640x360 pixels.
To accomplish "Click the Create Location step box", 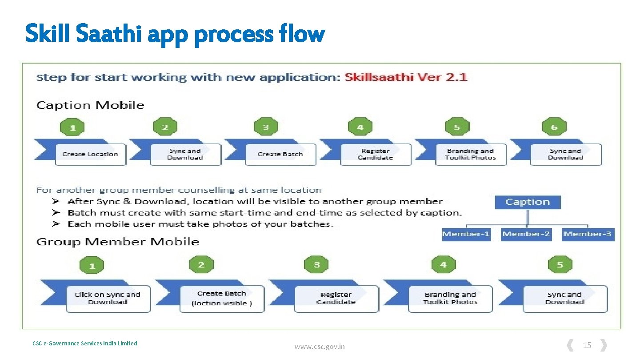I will pyautogui.click(x=90, y=154).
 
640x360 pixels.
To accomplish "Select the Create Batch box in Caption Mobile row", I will pyautogui.click(x=280, y=154).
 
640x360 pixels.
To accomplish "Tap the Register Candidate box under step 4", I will pyautogui.click(x=375, y=154).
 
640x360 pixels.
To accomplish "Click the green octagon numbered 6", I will pyautogui.click(x=554, y=128).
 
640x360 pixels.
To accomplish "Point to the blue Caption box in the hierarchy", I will pyautogui.click(x=528, y=202).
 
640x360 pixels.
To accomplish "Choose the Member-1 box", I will pyautogui.click(x=466, y=234).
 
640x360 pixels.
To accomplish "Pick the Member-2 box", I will pyautogui.click(x=526, y=234).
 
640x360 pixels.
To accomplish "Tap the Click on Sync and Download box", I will pyautogui.click(x=108, y=298).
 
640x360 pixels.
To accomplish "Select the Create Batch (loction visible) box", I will pyautogui.click(x=222, y=298).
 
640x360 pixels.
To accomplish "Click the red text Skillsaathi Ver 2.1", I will pyautogui.click(x=406, y=77).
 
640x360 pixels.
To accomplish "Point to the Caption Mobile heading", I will pyautogui.click(x=90, y=105).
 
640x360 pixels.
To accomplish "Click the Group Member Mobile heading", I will pyautogui.click(x=118, y=242).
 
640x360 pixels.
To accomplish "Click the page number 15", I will pyautogui.click(x=587, y=345).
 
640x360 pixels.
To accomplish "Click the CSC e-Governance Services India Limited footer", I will pyautogui.click(x=85, y=343).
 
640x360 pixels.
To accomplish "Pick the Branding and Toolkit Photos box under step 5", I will pyautogui.click(x=470, y=154).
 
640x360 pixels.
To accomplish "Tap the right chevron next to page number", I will pyautogui.click(x=603, y=345).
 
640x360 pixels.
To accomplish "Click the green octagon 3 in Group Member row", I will pyautogui.click(x=316, y=265).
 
